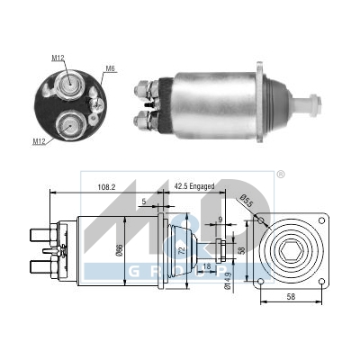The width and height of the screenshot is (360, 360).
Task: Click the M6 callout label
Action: [111, 68]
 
